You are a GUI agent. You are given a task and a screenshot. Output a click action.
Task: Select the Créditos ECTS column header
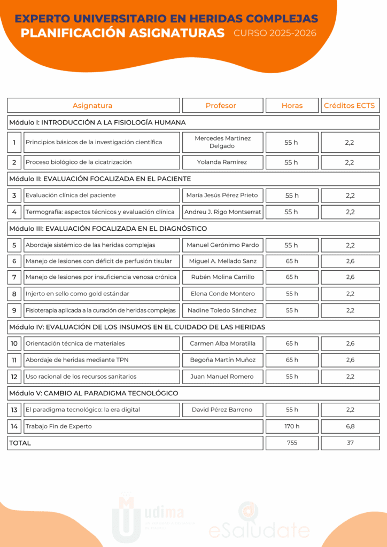point(350,106)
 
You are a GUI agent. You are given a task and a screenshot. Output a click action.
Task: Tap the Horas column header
point(292,106)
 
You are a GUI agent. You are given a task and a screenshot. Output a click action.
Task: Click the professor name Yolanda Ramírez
point(222,162)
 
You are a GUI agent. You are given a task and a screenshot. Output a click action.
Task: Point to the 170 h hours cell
point(292,426)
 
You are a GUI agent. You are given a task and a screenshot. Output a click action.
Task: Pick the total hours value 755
point(292,443)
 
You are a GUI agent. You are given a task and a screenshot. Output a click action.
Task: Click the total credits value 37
point(350,443)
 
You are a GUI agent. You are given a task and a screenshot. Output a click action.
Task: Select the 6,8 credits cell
point(350,426)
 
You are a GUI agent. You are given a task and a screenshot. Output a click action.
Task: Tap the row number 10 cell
point(14,343)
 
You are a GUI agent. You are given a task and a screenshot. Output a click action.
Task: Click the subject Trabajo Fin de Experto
point(59,426)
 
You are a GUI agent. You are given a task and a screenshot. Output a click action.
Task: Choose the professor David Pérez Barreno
point(222,410)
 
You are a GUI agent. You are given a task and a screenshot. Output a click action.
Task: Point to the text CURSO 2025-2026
point(275,34)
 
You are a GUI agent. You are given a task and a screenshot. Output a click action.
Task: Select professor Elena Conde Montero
point(222,294)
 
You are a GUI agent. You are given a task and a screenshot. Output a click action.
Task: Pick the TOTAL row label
point(20,443)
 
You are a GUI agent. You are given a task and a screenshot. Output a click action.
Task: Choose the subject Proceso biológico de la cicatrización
point(79,162)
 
